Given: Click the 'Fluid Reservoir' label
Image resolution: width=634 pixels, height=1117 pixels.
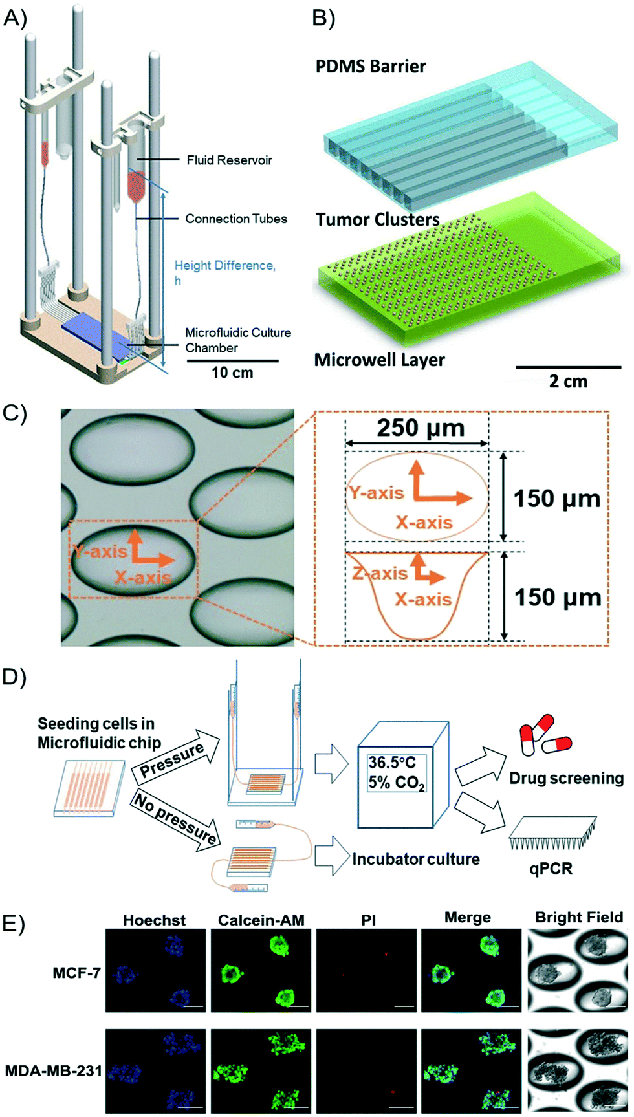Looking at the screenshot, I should (x=229, y=160).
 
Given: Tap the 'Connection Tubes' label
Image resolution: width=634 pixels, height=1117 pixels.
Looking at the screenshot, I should (x=236, y=219).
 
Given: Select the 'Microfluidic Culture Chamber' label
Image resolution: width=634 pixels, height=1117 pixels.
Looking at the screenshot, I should (x=237, y=340).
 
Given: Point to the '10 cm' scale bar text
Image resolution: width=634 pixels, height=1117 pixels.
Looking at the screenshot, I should (x=232, y=373).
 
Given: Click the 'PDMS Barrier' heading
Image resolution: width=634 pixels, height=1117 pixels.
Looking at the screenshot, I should (x=371, y=67).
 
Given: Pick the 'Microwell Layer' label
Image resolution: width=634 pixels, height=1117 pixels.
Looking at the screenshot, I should (x=379, y=360).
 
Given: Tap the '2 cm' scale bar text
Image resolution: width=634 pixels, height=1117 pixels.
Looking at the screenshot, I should (x=568, y=382).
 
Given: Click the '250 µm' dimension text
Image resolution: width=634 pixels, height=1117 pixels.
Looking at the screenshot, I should (x=421, y=428).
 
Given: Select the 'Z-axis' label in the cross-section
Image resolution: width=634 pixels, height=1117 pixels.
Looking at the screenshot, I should (x=380, y=573).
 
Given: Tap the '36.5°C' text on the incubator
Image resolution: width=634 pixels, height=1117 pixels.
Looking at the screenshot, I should (x=392, y=763).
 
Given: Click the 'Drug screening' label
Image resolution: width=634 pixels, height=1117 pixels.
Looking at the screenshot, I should (x=566, y=778).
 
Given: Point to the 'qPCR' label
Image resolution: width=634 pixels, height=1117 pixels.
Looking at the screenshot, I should (x=551, y=868).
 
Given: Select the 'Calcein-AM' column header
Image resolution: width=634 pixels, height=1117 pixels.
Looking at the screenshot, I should (x=261, y=920).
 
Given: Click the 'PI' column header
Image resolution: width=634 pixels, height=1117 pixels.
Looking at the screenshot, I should (x=368, y=920).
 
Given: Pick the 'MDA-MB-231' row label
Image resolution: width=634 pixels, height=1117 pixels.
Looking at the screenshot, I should (x=53, y=1070).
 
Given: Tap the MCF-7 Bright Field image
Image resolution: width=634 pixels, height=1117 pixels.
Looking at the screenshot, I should (x=578, y=970).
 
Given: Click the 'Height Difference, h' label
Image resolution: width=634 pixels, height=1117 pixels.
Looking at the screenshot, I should (x=224, y=272).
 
